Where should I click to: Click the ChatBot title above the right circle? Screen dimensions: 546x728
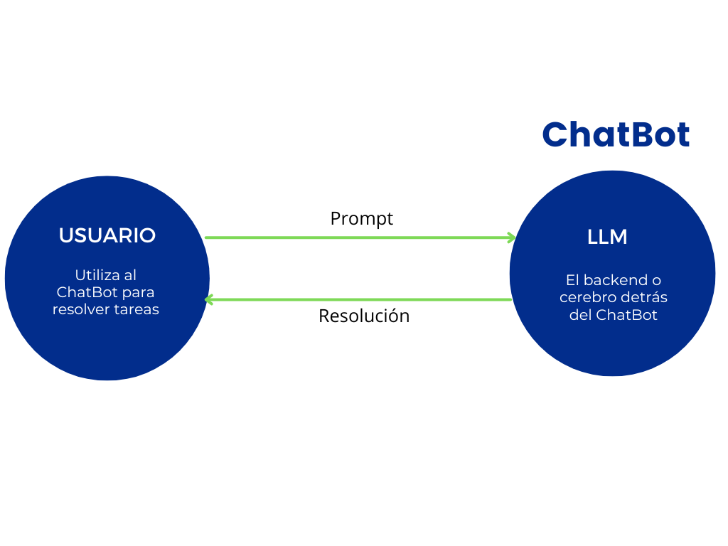tap(616, 134)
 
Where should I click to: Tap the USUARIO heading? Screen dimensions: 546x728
tap(107, 236)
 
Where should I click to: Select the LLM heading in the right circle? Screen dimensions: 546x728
tap(607, 237)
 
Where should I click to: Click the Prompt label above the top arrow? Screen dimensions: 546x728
tap(361, 218)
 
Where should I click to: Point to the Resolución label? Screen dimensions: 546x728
tap(364, 316)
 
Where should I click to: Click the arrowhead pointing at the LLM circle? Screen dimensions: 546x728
tap(511, 237)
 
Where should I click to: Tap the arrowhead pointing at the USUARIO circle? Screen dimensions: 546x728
tap(209, 299)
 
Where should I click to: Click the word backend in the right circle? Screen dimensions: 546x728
tap(616, 280)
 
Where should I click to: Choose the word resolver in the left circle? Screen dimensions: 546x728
tap(80, 309)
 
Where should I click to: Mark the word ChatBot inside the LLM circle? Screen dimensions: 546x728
tap(627, 315)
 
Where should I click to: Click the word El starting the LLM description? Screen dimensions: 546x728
tap(572, 280)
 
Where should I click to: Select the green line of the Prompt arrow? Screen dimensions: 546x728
tap(355, 237)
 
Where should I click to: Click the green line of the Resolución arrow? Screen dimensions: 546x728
tap(355, 299)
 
